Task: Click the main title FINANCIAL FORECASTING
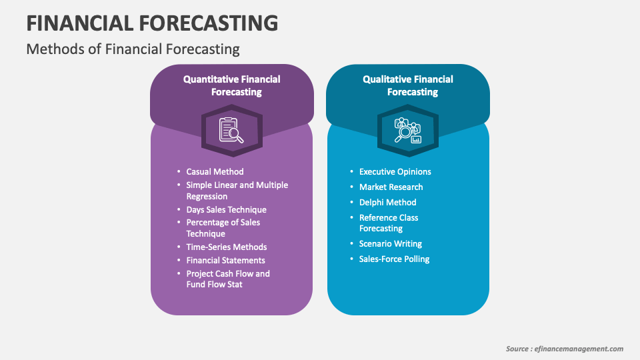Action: [152, 23]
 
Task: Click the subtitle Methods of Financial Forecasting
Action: [133, 49]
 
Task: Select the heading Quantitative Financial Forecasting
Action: [232, 85]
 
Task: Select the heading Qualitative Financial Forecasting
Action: [408, 85]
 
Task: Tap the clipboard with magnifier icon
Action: [231, 130]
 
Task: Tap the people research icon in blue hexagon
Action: [407, 130]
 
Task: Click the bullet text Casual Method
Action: [215, 171]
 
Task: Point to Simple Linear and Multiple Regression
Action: [237, 190]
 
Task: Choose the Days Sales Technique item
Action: [226, 209]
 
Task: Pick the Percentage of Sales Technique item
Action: [223, 228]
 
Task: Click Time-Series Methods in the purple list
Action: [227, 247]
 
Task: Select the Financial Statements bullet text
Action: [226, 260]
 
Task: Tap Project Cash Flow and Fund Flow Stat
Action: [228, 279]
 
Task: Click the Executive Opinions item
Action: [395, 171]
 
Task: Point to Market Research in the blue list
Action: [391, 187]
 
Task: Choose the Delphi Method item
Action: [388, 202]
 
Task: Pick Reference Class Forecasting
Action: [389, 223]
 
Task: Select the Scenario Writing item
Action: [391, 244]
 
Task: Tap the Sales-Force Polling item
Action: [394, 259]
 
